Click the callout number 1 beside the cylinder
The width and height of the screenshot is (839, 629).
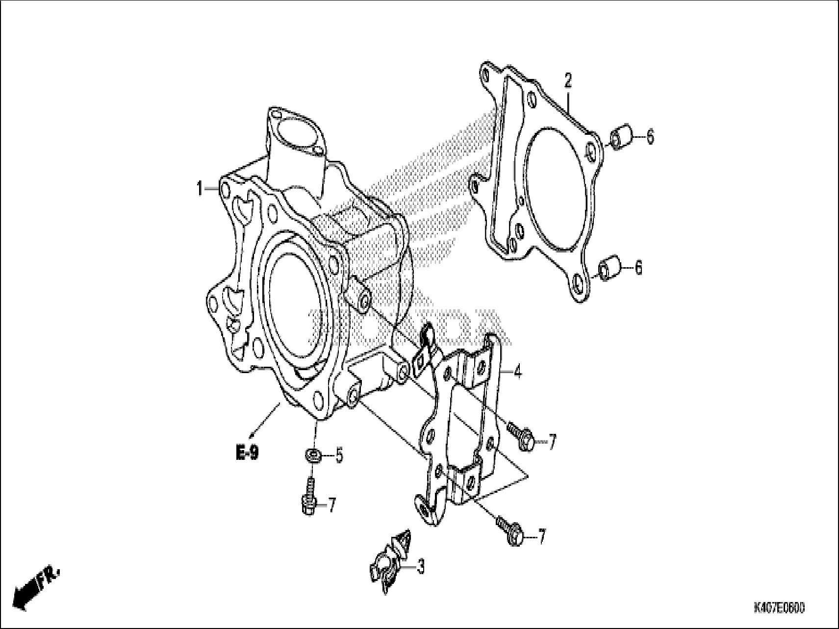point(200,189)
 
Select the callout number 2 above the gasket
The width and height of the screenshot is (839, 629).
point(568,80)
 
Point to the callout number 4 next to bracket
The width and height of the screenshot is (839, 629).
point(517,372)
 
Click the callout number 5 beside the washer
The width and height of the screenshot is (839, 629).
point(339,456)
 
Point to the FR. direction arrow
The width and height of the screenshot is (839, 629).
point(37,587)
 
